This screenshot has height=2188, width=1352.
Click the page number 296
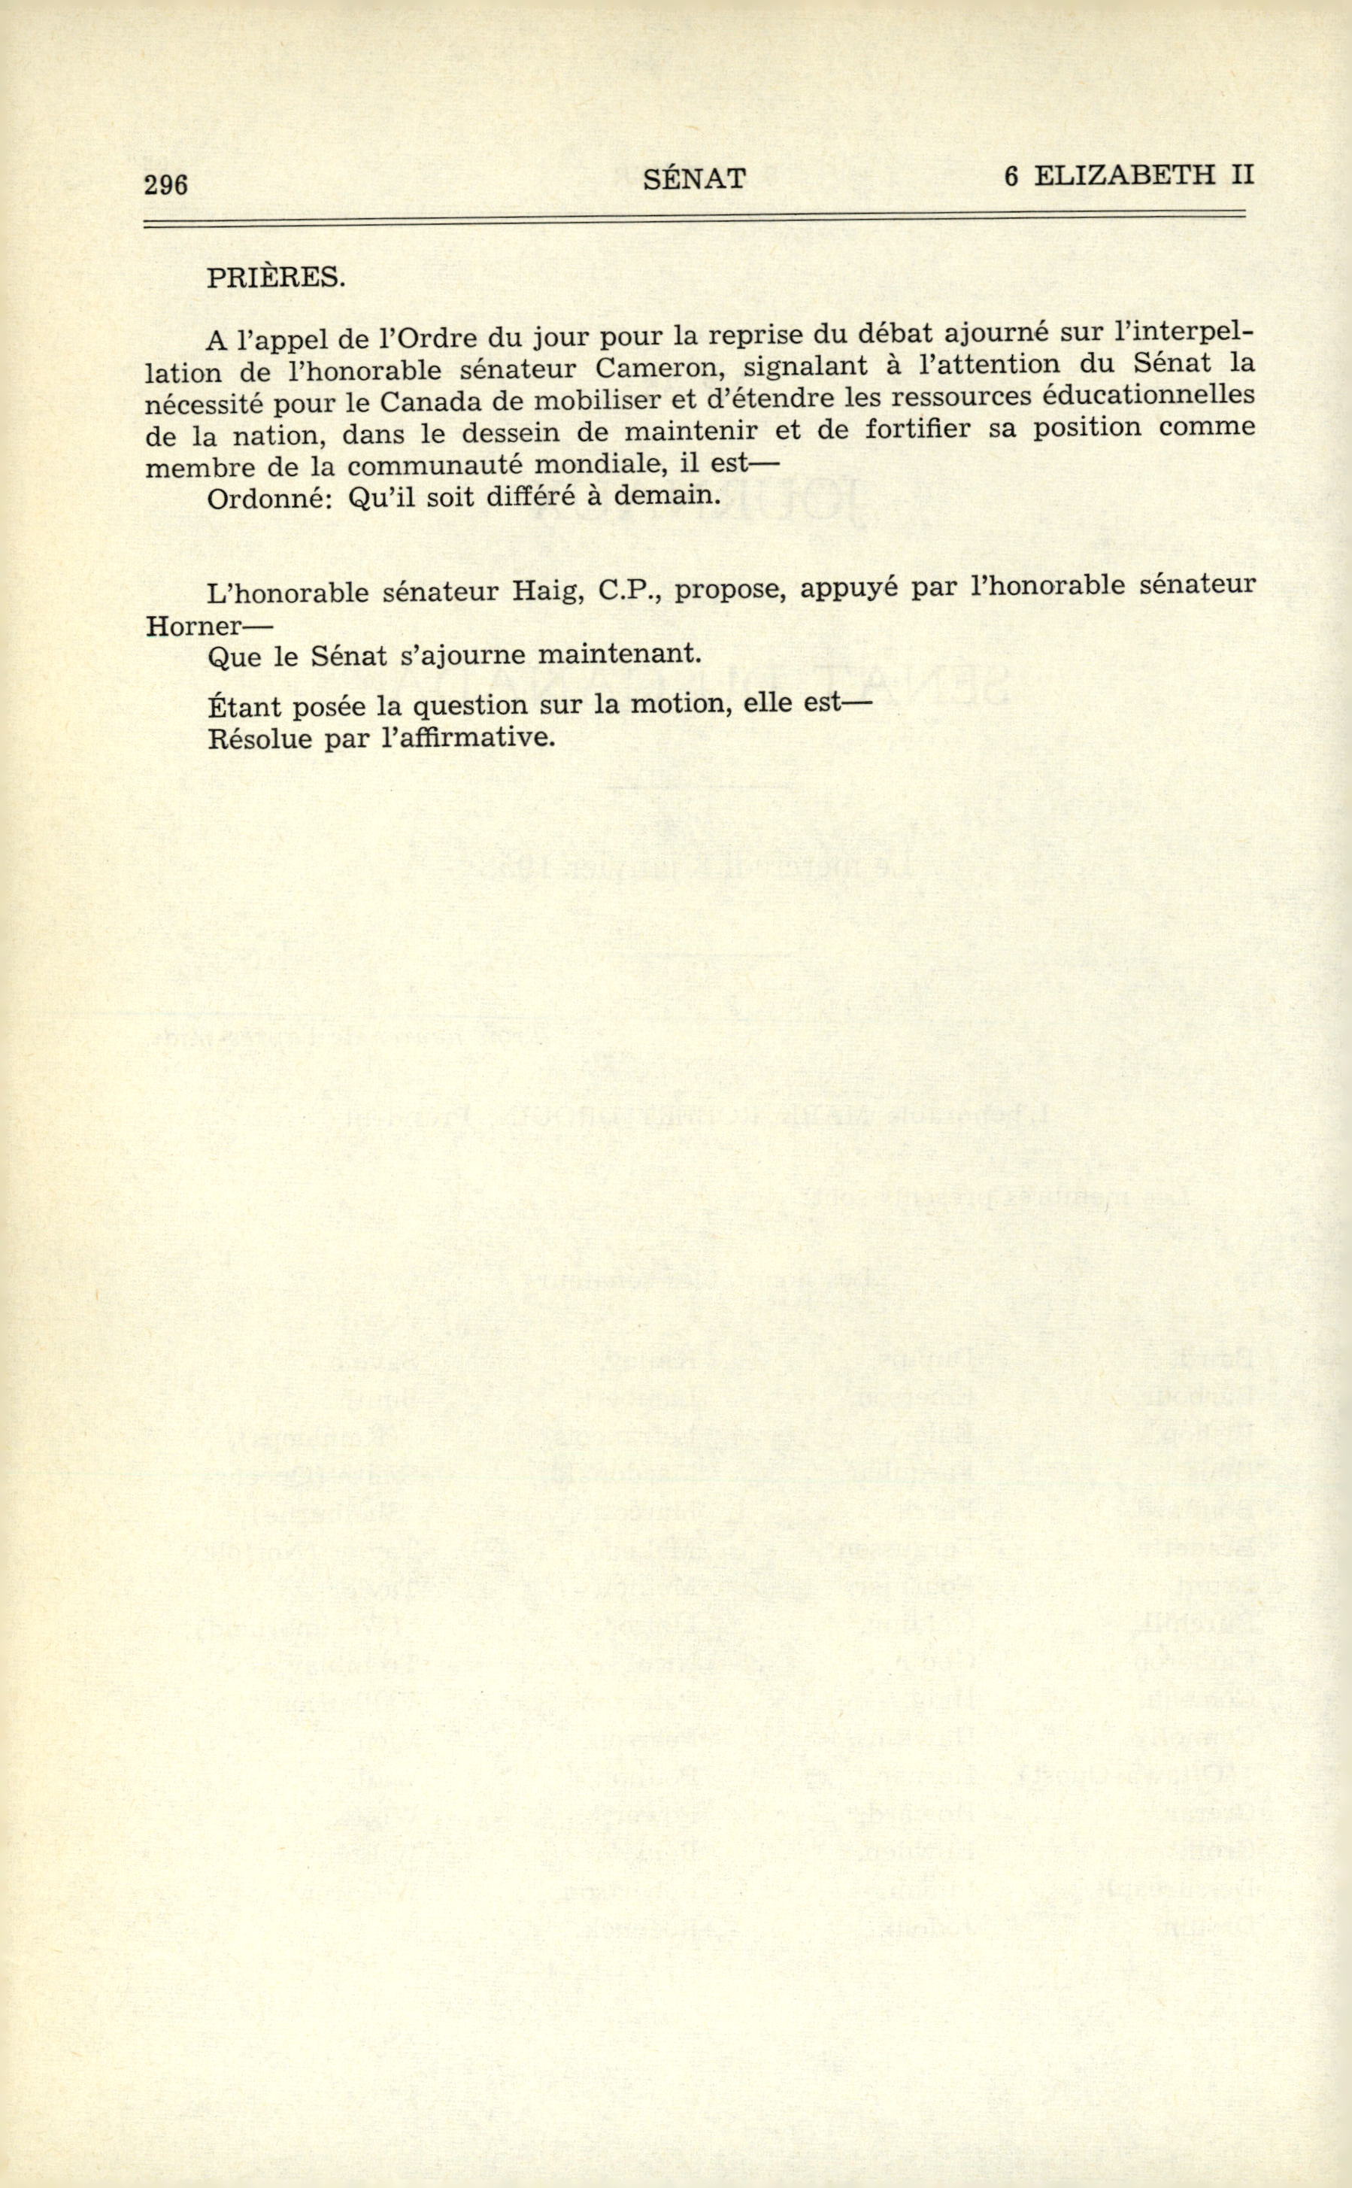[x=165, y=184]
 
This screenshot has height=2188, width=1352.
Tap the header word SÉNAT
[x=694, y=180]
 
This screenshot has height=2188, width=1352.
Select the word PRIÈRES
[x=275, y=278]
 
